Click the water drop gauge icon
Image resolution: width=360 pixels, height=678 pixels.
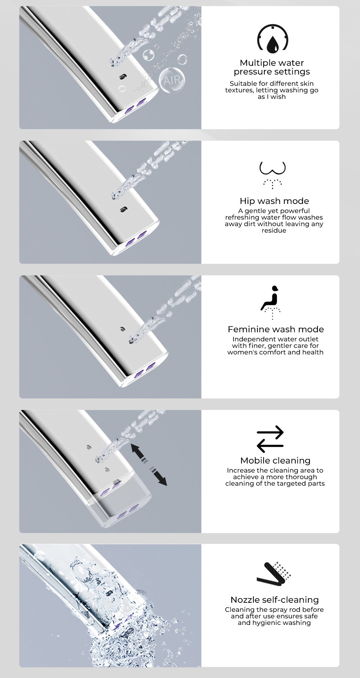tap(273, 39)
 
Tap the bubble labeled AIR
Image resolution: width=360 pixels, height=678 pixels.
tap(172, 80)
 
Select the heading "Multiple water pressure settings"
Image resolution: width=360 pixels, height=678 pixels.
tap(272, 67)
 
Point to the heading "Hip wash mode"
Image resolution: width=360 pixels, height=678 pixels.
tap(274, 201)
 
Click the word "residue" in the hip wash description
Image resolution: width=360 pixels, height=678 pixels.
tap(274, 230)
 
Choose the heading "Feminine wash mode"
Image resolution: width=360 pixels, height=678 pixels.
tap(276, 329)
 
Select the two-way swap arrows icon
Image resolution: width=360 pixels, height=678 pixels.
tap(270, 439)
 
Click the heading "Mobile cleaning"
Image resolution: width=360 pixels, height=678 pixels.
tap(275, 461)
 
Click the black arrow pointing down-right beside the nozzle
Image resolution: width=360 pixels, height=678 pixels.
tap(159, 477)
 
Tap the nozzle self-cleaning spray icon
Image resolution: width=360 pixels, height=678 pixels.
tap(273, 574)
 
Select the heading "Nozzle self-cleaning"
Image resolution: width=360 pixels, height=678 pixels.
tap(275, 600)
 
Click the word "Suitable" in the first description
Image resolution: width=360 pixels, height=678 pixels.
tap(244, 84)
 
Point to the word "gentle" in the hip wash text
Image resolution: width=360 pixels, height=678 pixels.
tap(257, 211)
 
